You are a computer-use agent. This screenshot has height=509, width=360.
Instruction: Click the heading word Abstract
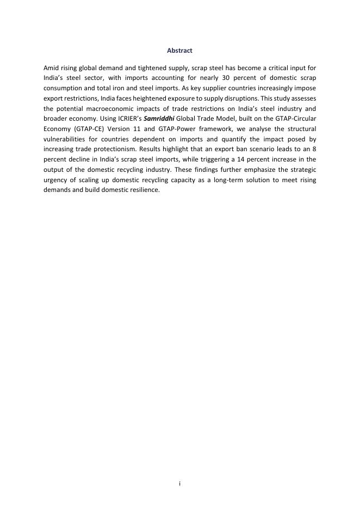pyautogui.click(x=179, y=51)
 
